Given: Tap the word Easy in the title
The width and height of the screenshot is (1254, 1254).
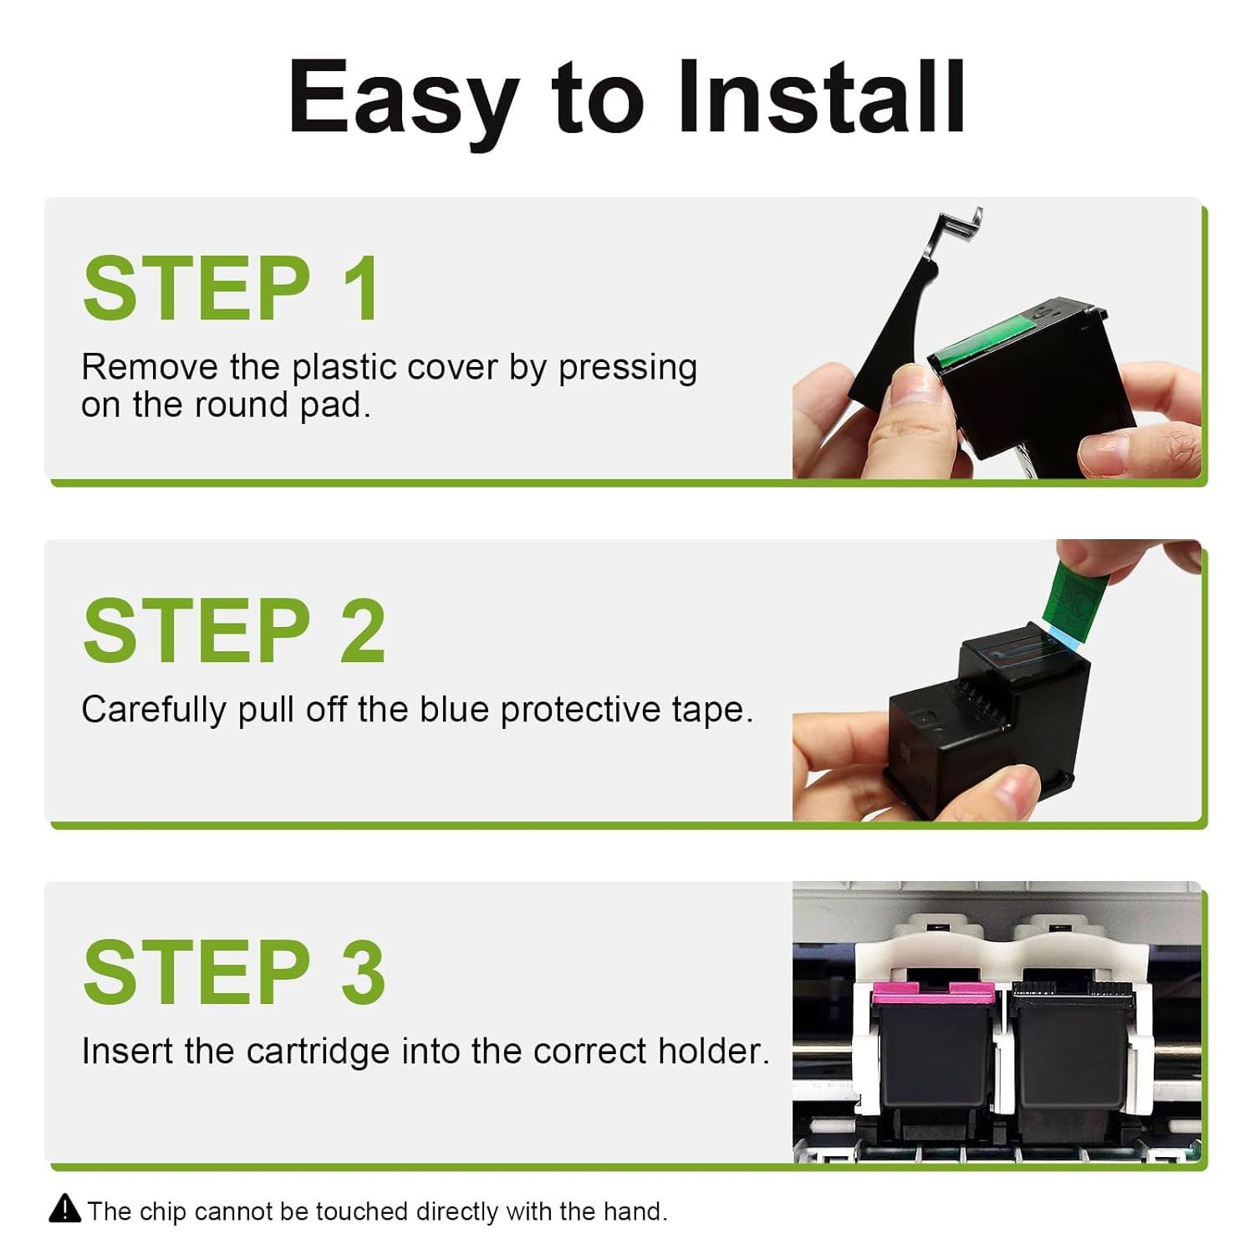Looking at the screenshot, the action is click(x=403, y=104).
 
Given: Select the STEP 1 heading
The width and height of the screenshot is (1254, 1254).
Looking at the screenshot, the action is click(x=232, y=288).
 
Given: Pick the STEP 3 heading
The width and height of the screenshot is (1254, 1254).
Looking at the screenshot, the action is click(x=234, y=972).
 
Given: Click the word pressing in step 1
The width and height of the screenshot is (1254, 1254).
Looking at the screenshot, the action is click(x=628, y=369).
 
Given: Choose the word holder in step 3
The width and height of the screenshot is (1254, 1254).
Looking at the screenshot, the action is click(x=714, y=1051).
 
